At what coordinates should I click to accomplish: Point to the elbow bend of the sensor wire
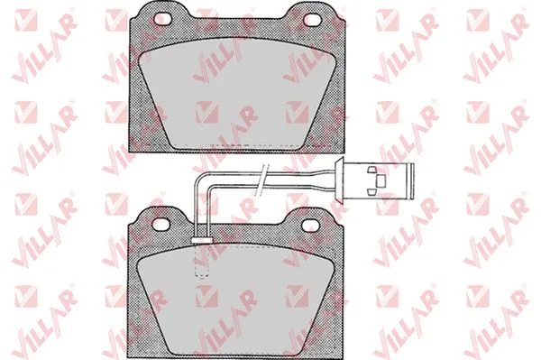(x=201, y=179)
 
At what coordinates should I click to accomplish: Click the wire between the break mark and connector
(x=302, y=177)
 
